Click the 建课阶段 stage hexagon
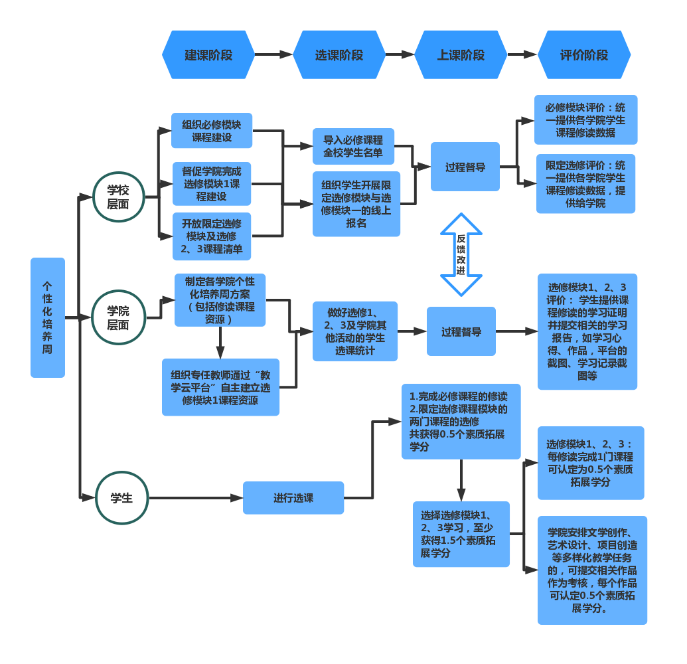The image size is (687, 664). pos(208,55)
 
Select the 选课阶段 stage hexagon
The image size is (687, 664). pos(339,55)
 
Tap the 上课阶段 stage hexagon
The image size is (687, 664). pos(461,55)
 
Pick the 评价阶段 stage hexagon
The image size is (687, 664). pos(584,55)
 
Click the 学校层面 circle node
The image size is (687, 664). pos(118,197)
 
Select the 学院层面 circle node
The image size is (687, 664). pos(118,317)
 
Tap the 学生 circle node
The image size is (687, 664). pos(121,498)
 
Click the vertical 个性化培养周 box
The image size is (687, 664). pos(48,317)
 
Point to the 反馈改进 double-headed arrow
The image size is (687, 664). pos(461,254)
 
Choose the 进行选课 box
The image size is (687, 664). pos(293,498)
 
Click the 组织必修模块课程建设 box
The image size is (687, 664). pos(212,131)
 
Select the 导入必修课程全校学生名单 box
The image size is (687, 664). pos(353,146)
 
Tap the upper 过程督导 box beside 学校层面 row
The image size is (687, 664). pos(465,167)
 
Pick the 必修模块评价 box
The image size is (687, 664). pos(585,120)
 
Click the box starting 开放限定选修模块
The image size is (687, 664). pos(212,236)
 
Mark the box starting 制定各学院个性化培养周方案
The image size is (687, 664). pos(220,300)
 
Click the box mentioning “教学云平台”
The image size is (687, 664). pos(220,387)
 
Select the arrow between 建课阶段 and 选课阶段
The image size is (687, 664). pos(273,55)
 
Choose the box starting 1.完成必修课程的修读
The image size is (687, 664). pos(461,422)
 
